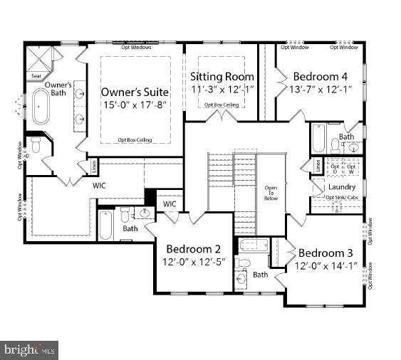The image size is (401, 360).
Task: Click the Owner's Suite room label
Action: [135, 92]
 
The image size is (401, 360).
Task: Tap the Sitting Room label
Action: [222, 77]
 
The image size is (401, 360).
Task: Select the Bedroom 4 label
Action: [320, 76]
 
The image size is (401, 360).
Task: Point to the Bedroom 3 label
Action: [326, 253]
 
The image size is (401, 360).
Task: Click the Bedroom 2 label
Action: [193, 249]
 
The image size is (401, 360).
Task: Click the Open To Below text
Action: [271, 192]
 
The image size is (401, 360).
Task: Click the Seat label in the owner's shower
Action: [36, 75]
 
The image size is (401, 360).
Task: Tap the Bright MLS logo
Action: [29, 349]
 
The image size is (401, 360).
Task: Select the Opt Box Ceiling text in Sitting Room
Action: [222, 105]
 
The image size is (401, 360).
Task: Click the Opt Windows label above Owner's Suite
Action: [135, 48]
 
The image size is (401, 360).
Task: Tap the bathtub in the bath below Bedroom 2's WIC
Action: [105, 226]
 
